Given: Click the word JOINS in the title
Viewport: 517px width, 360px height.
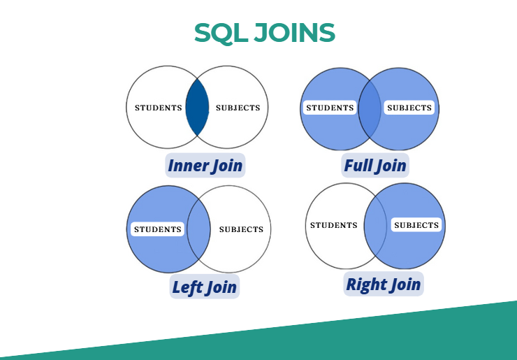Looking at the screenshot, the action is coord(294,33).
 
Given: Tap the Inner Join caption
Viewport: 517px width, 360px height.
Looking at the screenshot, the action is coord(205,165).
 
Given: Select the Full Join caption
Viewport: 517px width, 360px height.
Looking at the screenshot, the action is coord(375,165).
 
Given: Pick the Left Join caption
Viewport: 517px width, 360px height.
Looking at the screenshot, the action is coord(205,287).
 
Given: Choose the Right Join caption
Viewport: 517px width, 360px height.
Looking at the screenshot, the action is coord(384,284).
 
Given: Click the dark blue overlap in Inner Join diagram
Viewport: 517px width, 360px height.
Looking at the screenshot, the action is coord(197,107).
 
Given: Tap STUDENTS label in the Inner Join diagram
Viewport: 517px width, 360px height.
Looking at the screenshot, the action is coord(159,108).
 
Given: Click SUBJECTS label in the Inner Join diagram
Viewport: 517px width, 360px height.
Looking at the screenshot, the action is coord(238,108).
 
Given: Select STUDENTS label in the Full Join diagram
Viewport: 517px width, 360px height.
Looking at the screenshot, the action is coord(330,108).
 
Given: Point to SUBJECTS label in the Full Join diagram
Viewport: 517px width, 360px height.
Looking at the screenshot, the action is coord(409,108).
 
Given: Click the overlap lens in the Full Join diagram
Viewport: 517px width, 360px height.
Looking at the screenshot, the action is coord(370,109).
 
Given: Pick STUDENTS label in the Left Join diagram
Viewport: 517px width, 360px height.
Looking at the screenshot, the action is coord(158,229).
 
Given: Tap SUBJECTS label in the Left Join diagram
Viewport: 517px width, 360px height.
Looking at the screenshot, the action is coord(241,229).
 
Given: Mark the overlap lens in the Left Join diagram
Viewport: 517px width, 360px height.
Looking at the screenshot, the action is coord(199,229).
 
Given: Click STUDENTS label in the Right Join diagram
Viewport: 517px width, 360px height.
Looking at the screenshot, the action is coord(334,225).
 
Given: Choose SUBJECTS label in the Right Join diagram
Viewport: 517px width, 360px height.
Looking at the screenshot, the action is coord(416,225).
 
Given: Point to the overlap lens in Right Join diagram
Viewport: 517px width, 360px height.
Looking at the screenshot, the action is coord(375,226).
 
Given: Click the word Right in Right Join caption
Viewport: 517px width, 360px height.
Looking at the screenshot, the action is coord(365,285).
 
